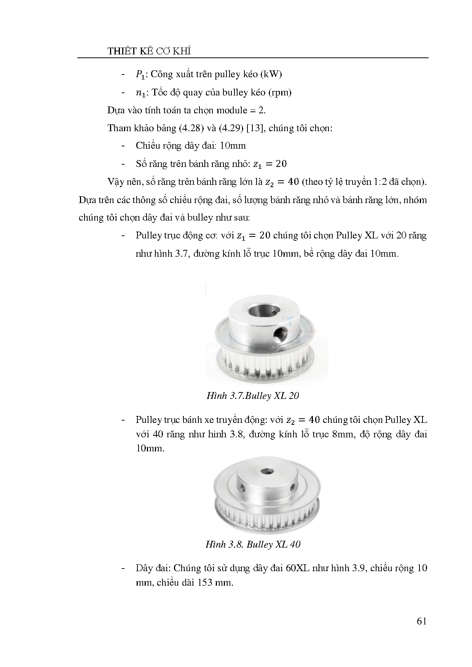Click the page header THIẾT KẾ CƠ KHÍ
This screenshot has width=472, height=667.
pos(149,51)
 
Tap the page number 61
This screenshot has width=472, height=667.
pos(421,621)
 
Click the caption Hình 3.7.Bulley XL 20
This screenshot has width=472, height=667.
pos(252,396)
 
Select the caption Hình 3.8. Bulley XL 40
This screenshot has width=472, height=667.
pos(253,545)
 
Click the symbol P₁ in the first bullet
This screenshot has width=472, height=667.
pos(140,75)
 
